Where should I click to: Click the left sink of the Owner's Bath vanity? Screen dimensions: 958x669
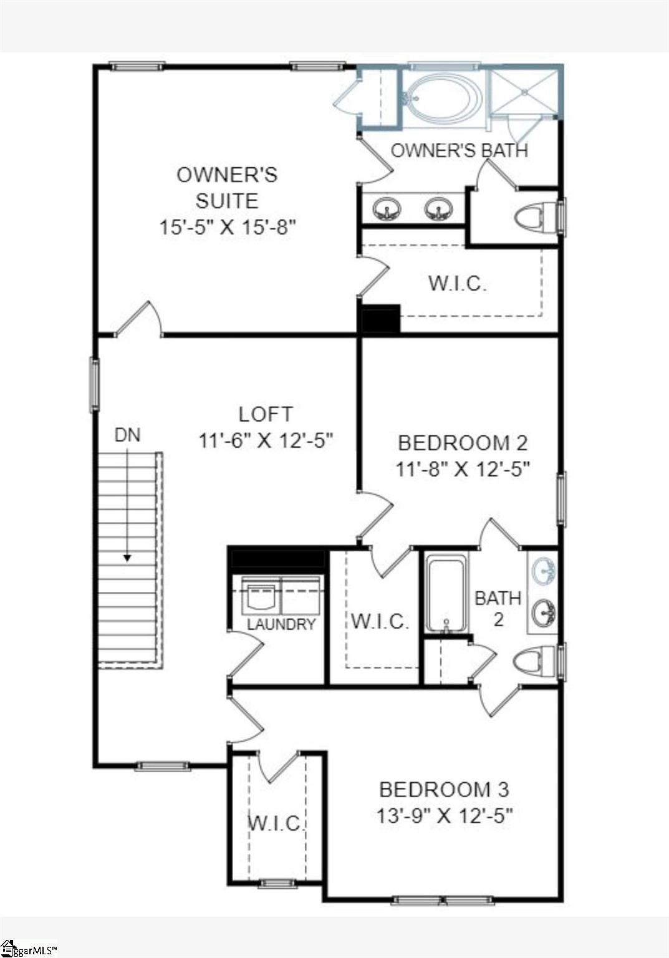(387, 208)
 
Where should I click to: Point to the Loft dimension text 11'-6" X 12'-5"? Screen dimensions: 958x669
(266, 440)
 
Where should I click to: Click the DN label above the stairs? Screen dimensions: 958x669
(127, 435)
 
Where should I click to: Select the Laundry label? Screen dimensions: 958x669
(281, 624)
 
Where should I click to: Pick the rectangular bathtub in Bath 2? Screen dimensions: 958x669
(446, 593)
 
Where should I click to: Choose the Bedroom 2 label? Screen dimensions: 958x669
(462, 443)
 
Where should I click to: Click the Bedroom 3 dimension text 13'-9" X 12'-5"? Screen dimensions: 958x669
(444, 815)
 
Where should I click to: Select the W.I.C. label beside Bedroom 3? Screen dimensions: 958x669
(275, 823)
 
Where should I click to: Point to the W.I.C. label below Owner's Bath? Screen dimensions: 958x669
(457, 283)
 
